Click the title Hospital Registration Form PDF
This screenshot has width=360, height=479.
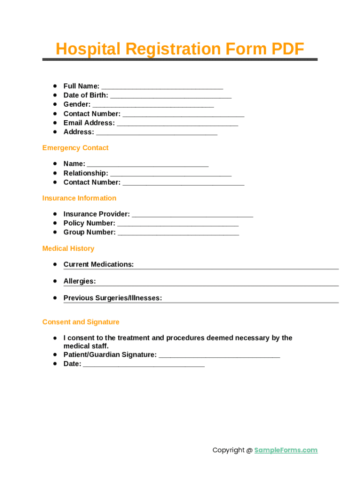[x=180, y=49]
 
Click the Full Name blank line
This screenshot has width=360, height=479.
[x=162, y=87]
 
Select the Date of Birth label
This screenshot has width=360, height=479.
[x=86, y=95]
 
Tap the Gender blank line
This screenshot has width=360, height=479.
[x=153, y=105]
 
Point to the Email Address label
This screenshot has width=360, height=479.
[x=89, y=123]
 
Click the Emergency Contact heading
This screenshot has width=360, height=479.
[x=75, y=148]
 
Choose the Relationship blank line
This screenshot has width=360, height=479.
[x=171, y=174]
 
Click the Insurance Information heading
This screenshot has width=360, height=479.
[x=79, y=198]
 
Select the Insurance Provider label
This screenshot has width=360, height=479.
[x=96, y=214]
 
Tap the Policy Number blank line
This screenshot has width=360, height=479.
[x=178, y=224]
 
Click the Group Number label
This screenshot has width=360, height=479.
[x=89, y=232]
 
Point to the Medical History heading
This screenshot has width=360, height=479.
[x=68, y=248]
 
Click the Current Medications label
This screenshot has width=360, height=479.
[x=98, y=264]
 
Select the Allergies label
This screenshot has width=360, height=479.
[x=79, y=281]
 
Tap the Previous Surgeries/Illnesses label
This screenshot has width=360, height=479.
[x=113, y=298]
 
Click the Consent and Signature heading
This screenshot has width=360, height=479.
[x=81, y=322]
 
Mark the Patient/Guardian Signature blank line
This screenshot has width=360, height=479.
[x=219, y=356]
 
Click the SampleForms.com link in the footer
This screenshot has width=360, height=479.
[x=286, y=450]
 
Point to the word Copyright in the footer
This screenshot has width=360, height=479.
[x=228, y=450]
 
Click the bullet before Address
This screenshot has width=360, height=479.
[x=55, y=131]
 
